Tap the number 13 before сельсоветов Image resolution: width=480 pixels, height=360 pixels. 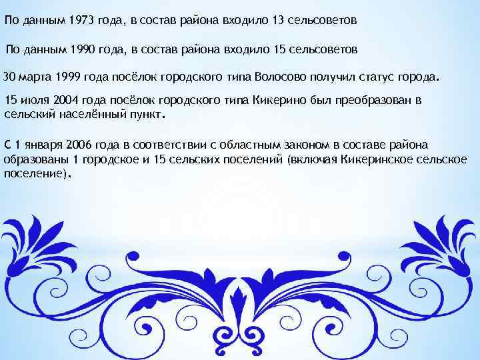point(279,21)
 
